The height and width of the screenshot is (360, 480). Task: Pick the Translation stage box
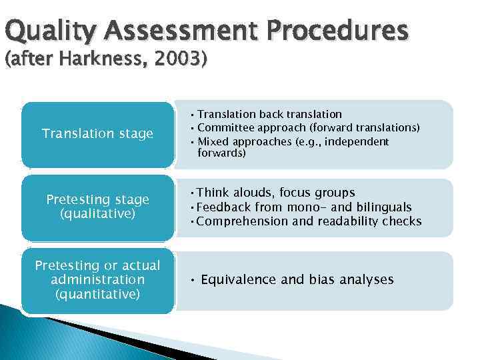tap(97, 134)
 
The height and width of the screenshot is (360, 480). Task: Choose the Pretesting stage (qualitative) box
tap(97, 207)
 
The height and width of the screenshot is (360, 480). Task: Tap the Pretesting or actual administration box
tap(97, 279)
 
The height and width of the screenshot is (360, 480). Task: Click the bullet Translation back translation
tap(269, 114)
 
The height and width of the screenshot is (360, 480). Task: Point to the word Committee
tap(227, 128)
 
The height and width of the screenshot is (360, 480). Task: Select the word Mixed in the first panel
tap(213, 141)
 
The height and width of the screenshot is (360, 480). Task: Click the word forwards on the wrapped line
tap(221, 153)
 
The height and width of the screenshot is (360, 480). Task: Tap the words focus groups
tap(321, 193)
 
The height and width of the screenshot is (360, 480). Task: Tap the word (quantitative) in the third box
tap(97, 293)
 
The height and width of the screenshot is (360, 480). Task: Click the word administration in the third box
tap(97, 279)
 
